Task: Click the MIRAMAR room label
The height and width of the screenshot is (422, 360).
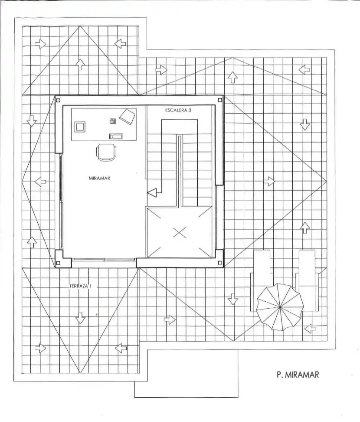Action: [99, 178]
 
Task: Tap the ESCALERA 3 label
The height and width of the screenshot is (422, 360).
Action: [178, 110]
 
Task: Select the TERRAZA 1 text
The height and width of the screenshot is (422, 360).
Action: [80, 287]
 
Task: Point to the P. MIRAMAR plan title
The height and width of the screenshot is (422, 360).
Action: [298, 375]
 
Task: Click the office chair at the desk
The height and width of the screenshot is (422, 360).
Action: [106, 152]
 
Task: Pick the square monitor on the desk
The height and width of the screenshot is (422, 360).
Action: [80, 126]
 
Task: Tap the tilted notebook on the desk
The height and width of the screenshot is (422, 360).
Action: [128, 116]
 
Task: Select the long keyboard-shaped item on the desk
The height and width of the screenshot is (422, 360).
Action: [116, 136]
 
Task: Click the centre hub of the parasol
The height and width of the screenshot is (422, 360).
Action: [280, 307]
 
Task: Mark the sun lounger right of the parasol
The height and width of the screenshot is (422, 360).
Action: [307, 280]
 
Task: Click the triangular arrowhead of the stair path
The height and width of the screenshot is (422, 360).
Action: [152, 193]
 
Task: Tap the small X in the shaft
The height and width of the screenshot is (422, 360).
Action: [180, 232]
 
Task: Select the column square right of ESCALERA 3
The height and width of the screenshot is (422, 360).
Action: [220, 100]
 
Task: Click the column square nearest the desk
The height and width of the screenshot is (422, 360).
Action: [58, 100]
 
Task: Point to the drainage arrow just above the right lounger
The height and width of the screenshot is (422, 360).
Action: [304, 227]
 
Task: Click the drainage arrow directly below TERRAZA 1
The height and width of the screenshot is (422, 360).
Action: [80, 318]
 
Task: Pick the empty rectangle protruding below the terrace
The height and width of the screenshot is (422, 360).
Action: [186, 373]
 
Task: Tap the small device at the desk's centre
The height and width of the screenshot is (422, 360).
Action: [113, 121]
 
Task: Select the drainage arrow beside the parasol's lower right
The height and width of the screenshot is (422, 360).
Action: [310, 328]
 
